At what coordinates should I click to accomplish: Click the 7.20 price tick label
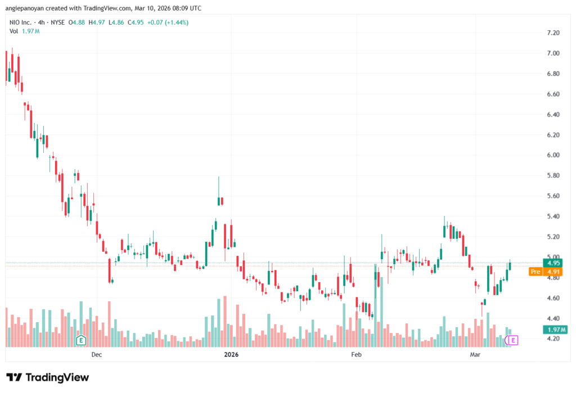point(552,33)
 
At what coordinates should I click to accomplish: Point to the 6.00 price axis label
point(552,155)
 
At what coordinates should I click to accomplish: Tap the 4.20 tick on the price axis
point(552,338)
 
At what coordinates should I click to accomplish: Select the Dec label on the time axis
point(96,355)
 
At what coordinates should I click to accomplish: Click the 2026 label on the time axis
point(231,355)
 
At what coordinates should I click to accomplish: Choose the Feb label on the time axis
point(355,355)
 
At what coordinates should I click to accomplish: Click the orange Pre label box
point(536,272)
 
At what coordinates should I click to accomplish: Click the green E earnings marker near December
point(81,340)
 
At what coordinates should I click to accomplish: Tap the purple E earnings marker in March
point(512,340)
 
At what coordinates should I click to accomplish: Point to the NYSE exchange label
point(56,22)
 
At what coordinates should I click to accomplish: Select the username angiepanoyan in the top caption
point(25,8)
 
